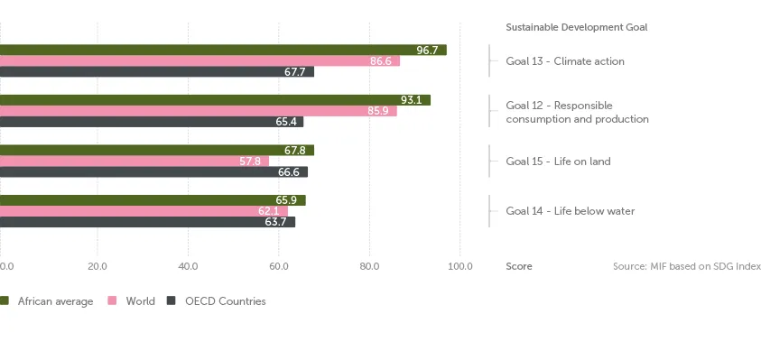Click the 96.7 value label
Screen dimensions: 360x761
(427, 51)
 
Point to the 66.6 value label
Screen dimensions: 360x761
(288, 172)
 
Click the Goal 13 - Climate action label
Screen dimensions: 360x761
(564, 61)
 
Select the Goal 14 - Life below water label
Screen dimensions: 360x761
(570, 211)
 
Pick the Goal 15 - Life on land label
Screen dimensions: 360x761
(558, 162)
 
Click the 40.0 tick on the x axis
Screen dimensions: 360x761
(188, 266)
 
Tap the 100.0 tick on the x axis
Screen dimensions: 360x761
(459, 266)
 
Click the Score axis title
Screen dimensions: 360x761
(518, 266)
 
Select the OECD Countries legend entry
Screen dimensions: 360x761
(225, 301)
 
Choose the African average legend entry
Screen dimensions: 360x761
(54, 301)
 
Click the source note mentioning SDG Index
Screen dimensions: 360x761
(686, 266)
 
